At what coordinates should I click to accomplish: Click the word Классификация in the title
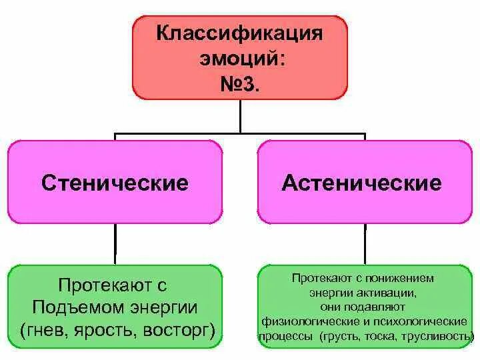(239, 33)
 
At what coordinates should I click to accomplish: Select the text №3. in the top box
(239, 85)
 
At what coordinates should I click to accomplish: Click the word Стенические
(115, 183)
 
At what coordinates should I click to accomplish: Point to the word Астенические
(361, 183)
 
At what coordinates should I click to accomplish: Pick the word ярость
(99, 329)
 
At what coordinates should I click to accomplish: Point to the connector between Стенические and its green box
(115, 243)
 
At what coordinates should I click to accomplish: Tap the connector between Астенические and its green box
(365, 243)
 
